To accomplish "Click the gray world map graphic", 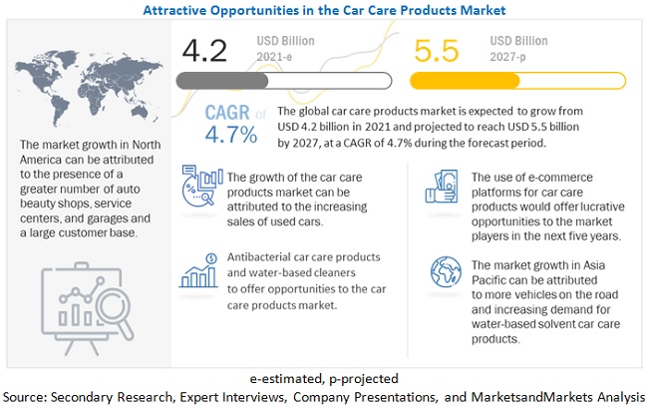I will (84, 80).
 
